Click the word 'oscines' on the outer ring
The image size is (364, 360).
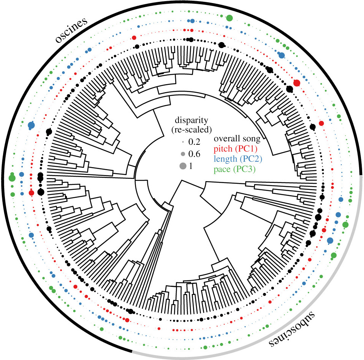[71, 30]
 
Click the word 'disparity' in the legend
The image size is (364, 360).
[191, 120]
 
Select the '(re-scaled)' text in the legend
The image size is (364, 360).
[191, 130]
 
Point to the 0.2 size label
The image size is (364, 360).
[194, 142]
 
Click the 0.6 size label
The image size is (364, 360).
[194, 154]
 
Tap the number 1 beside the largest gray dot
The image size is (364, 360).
[191, 166]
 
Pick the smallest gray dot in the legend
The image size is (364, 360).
[183, 142]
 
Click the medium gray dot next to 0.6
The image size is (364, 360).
[183, 154]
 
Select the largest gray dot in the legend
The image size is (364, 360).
[183, 166]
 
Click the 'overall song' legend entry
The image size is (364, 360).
[237, 139]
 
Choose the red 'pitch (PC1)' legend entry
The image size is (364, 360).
[235, 149]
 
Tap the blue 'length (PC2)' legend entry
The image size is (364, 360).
[238, 159]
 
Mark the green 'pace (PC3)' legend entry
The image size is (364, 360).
[234, 169]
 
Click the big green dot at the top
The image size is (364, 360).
[229, 18]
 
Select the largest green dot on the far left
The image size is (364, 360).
[12, 178]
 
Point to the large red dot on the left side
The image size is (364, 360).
[31, 193]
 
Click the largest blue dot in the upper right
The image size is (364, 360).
[281, 55]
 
